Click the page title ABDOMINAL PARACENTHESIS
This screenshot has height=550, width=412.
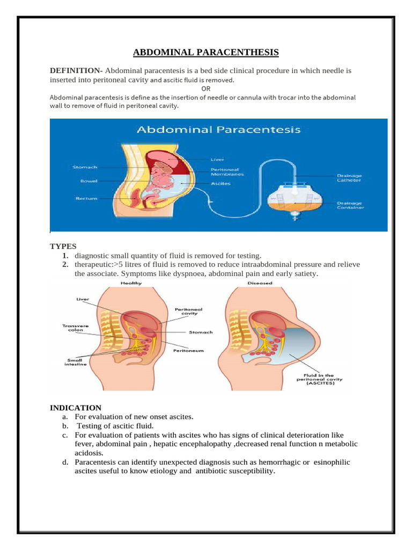(x=206, y=52)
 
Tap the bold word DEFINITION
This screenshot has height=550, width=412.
(x=76, y=71)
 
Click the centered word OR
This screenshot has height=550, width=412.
(x=206, y=89)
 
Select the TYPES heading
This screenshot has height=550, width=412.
(x=63, y=246)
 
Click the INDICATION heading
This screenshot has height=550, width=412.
(x=76, y=408)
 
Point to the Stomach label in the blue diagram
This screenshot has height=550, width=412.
(x=85, y=168)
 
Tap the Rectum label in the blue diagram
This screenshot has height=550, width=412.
(x=86, y=199)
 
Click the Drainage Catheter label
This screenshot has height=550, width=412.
(x=349, y=178)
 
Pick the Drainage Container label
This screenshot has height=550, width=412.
(x=349, y=205)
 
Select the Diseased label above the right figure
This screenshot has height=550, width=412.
(x=260, y=284)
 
